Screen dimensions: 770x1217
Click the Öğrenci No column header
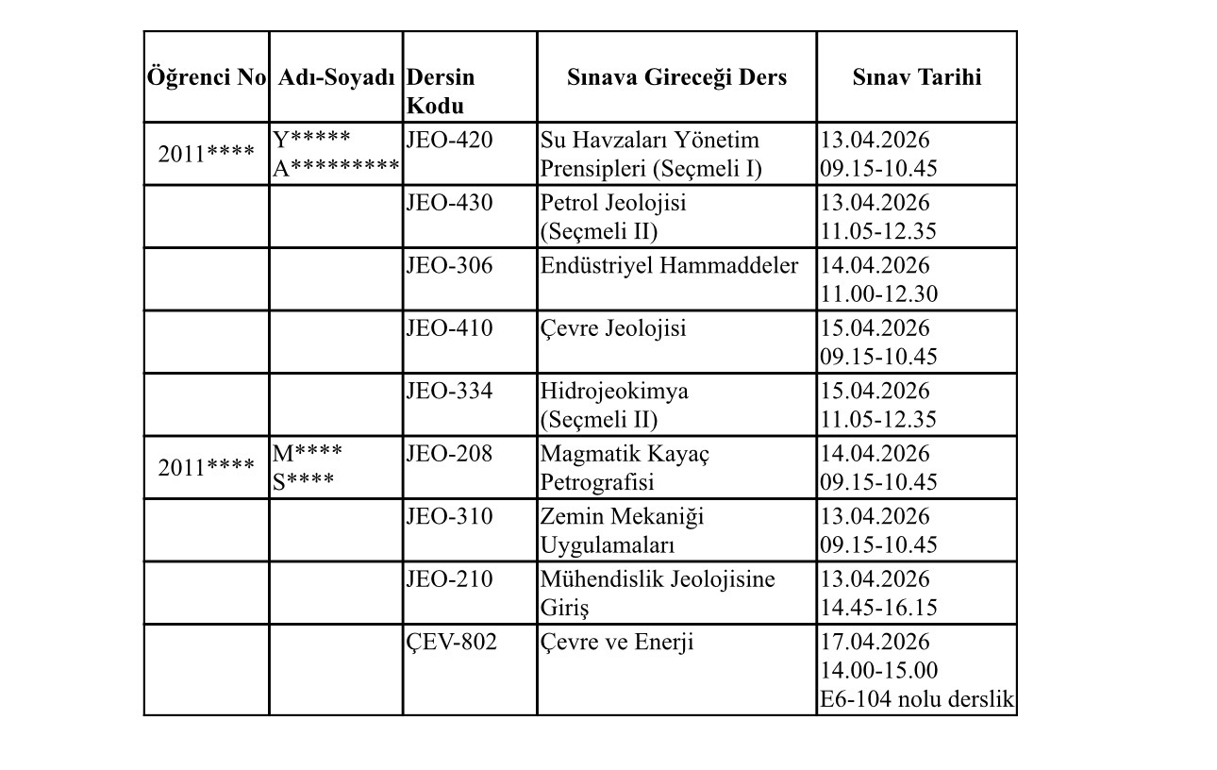coord(207,77)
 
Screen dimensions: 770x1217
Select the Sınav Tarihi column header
coord(916,77)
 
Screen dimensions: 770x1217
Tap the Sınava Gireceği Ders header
coord(676,77)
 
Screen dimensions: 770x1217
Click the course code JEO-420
coord(449,141)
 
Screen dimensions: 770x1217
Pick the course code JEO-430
coord(449,203)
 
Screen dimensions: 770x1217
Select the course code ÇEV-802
coord(452,643)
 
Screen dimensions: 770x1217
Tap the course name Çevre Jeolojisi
coord(613,328)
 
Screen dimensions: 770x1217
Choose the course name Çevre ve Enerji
coord(617,643)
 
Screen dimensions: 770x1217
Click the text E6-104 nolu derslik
coord(917,700)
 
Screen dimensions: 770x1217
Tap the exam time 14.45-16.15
coord(878,608)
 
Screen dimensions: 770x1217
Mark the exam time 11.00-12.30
coord(878,294)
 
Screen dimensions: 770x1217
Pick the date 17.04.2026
coord(875,643)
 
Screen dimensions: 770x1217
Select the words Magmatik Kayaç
coord(625,454)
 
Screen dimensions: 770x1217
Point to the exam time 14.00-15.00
coord(878,671)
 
